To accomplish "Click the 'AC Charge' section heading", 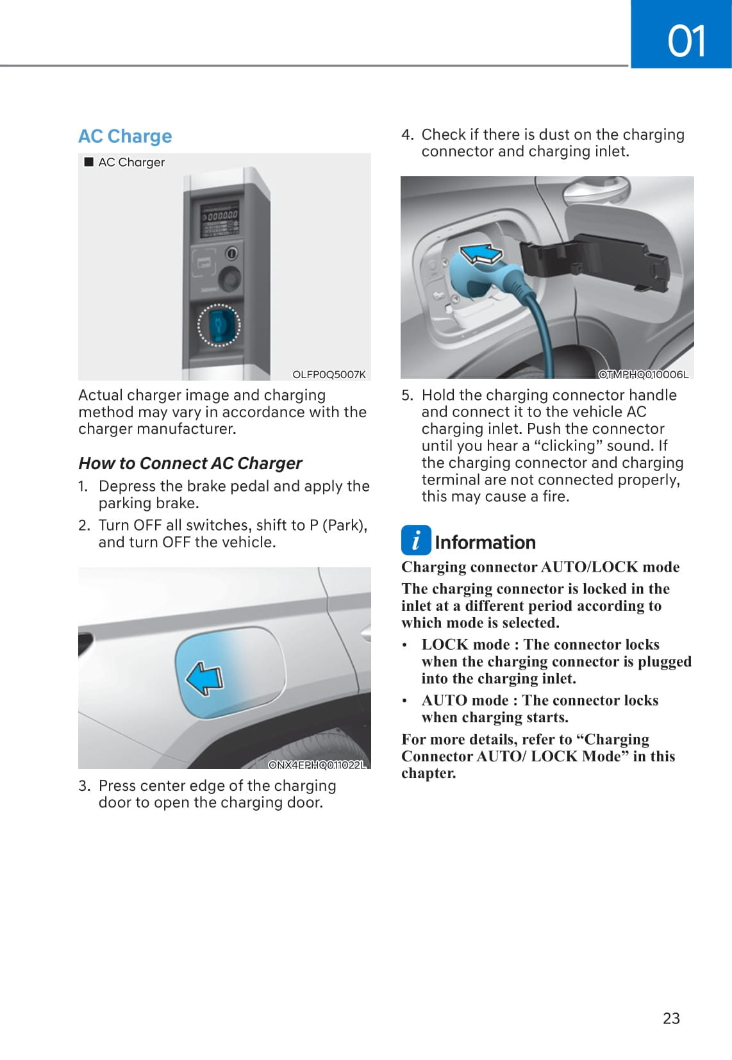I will pyautogui.click(x=125, y=137).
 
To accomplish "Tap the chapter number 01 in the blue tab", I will pyautogui.click(x=686, y=41).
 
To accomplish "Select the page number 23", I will pyautogui.click(x=671, y=1018).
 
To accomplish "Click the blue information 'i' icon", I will pyautogui.click(x=416, y=540).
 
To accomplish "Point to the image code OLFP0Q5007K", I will pyautogui.click(x=329, y=374).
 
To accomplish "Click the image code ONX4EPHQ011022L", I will pyautogui.click(x=317, y=765).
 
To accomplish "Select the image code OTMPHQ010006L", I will pyautogui.click(x=643, y=374).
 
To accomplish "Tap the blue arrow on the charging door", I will pyautogui.click(x=204, y=678).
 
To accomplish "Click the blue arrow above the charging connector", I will pyautogui.click(x=481, y=254).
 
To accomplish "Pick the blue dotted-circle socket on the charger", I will pyautogui.click(x=219, y=325).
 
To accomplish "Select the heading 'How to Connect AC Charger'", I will pyautogui.click(x=190, y=463).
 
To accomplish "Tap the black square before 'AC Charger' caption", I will pyautogui.click(x=89, y=162).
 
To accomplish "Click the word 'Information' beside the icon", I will pyautogui.click(x=485, y=543).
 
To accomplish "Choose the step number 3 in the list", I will pyautogui.click(x=84, y=786).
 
